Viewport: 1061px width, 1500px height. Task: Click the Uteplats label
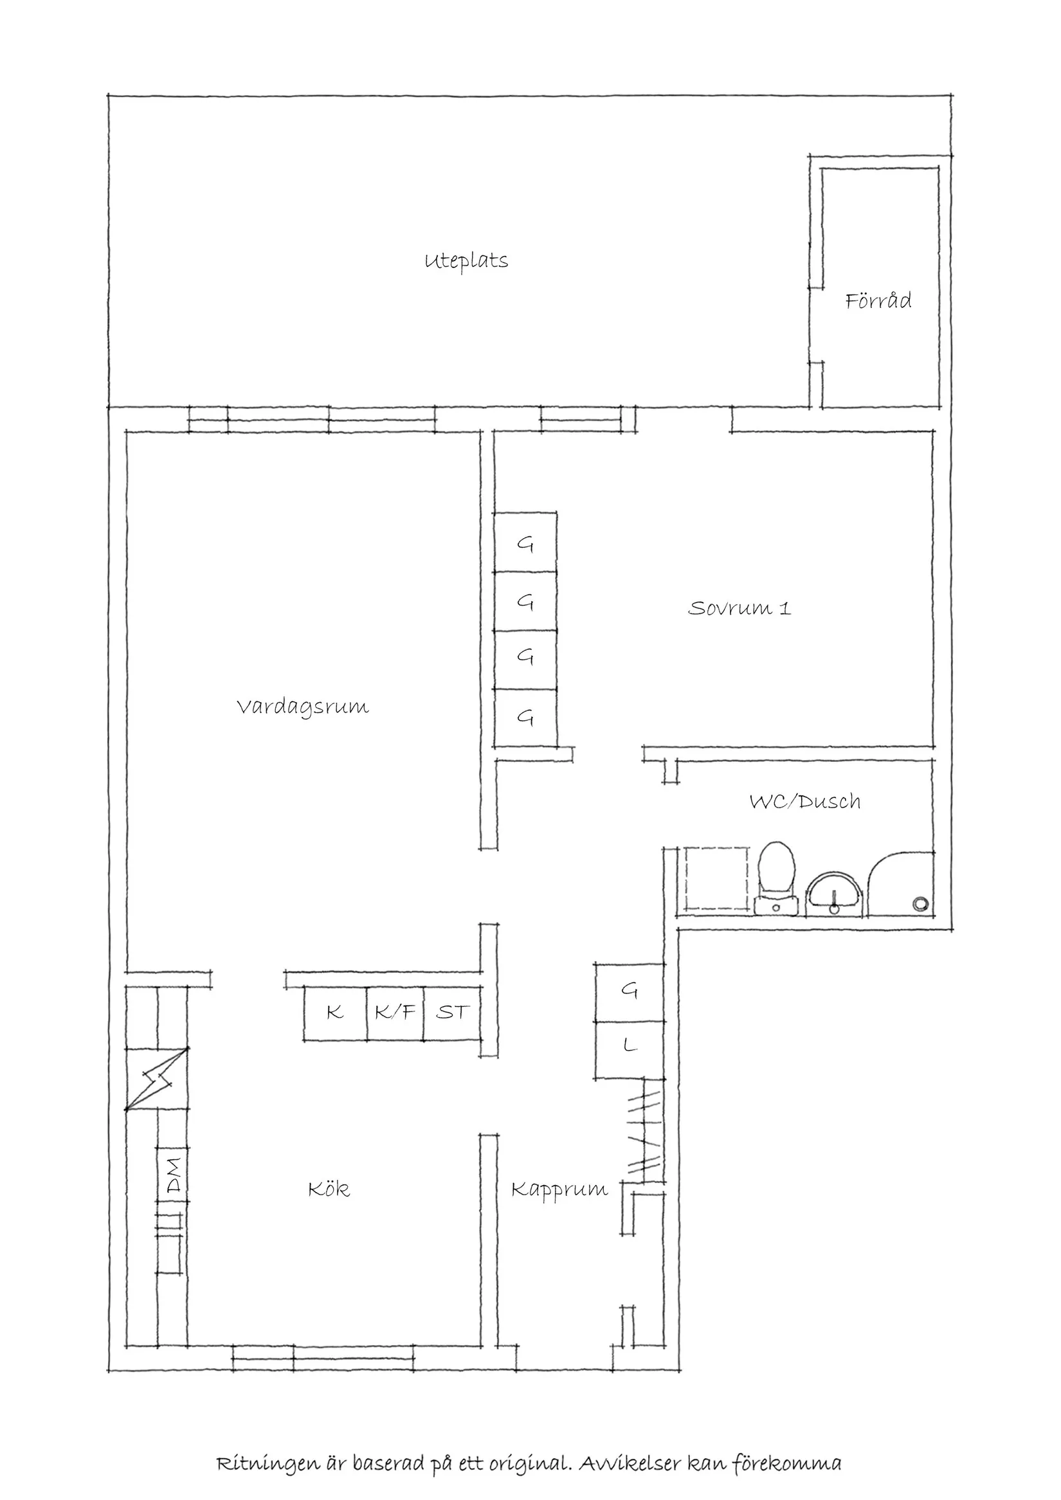pyautogui.click(x=466, y=261)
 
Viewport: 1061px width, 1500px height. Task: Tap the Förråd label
pyautogui.click(x=878, y=301)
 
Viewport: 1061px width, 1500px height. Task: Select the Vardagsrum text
pyautogui.click(x=302, y=707)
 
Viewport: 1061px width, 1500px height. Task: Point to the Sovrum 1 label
pyautogui.click(x=739, y=608)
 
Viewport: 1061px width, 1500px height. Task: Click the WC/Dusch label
pyautogui.click(x=804, y=802)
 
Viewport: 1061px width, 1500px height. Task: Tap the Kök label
pyautogui.click(x=329, y=1189)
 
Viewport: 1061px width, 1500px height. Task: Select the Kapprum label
pyautogui.click(x=559, y=1189)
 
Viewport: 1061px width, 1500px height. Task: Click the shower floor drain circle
pyautogui.click(x=920, y=903)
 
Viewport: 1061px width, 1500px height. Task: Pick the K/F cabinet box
pyautogui.click(x=395, y=1013)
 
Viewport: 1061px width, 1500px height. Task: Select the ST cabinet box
pyautogui.click(x=452, y=1013)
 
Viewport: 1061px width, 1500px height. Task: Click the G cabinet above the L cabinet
pyautogui.click(x=629, y=992)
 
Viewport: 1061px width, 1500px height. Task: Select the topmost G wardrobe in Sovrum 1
pyautogui.click(x=525, y=543)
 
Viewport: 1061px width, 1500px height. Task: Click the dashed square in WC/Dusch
pyautogui.click(x=716, y=880)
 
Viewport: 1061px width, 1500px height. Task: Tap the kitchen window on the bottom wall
pyautogui.click(x=323, y=1360)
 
